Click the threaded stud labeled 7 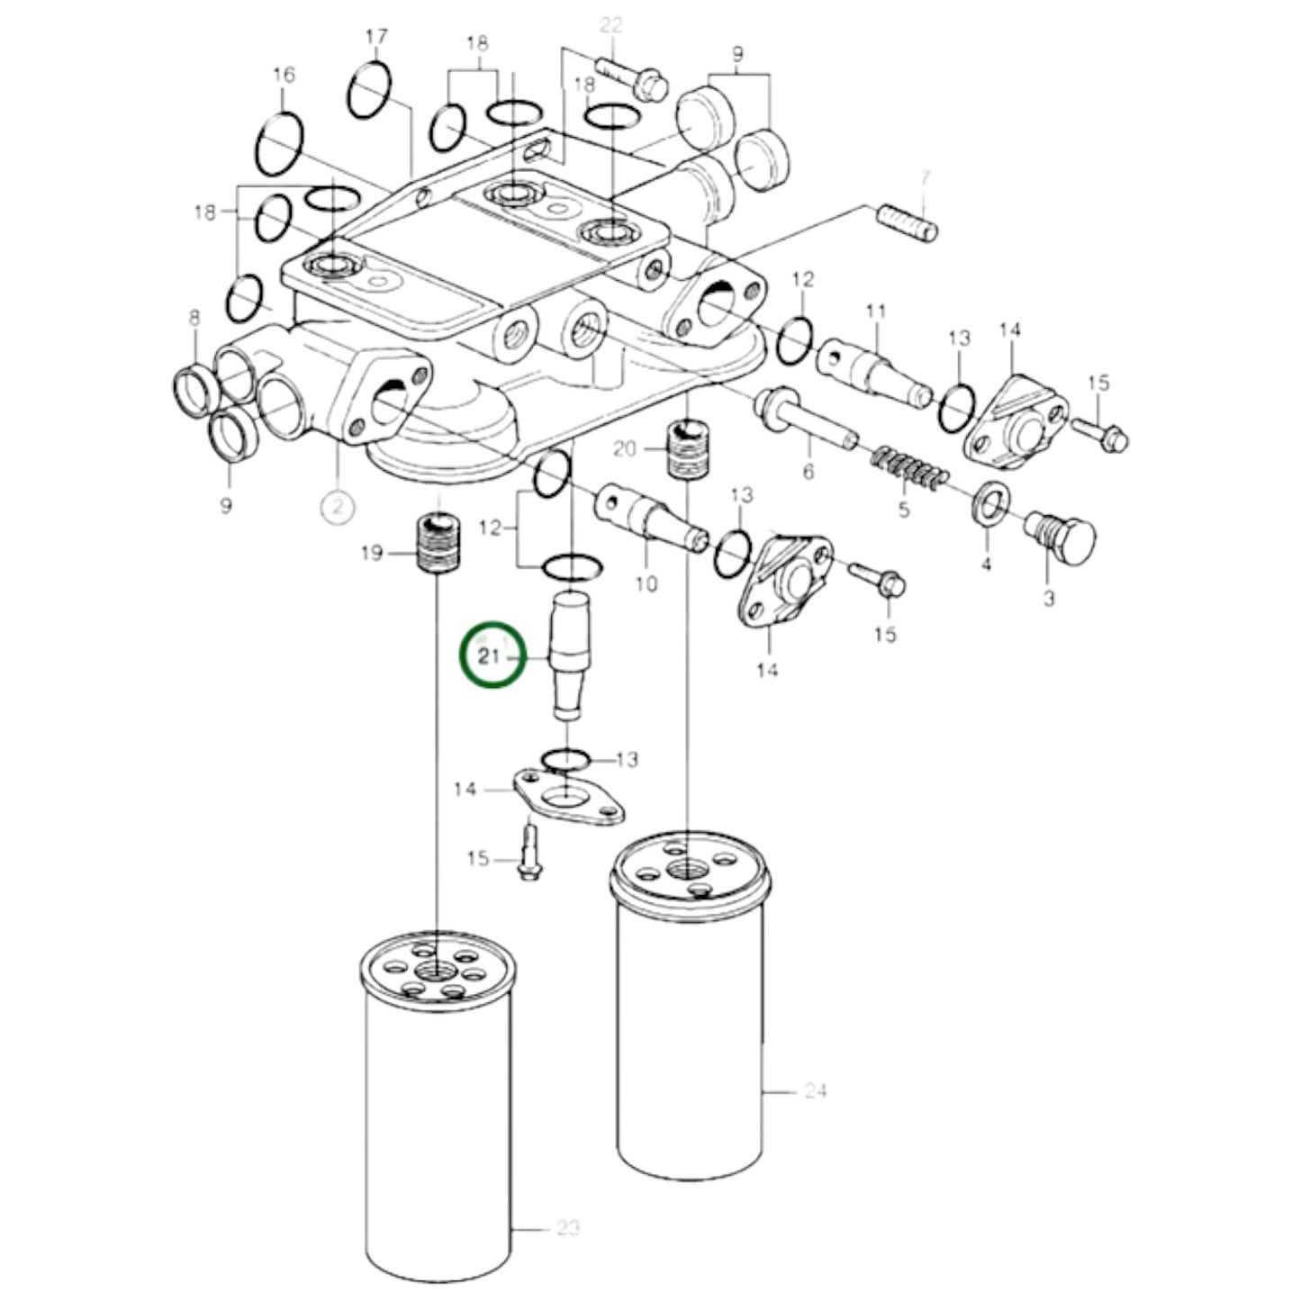click(908, 222)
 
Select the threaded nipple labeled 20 click(686, 447)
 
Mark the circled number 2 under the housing click(338, 507)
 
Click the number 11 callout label click(876, 312)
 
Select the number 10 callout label click(646, 584)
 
